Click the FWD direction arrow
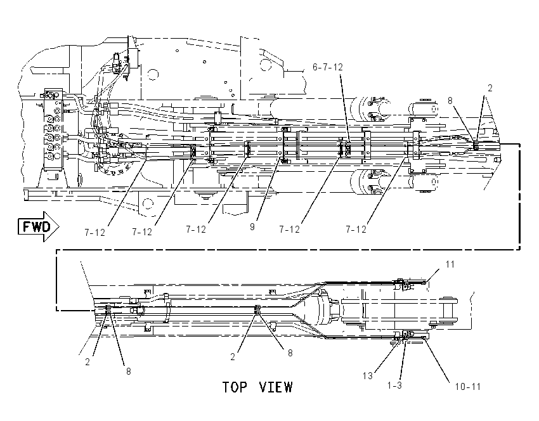coord(38,226)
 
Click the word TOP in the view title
coord(235,387)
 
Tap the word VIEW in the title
coord(276,387)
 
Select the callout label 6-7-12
coord(328,67)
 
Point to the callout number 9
coord(252,227)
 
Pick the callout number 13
coord(367,376)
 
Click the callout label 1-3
coord(394,385)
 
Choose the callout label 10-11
coord(467,387)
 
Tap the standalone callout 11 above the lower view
coord(450,264)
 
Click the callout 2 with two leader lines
coord(490,88)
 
